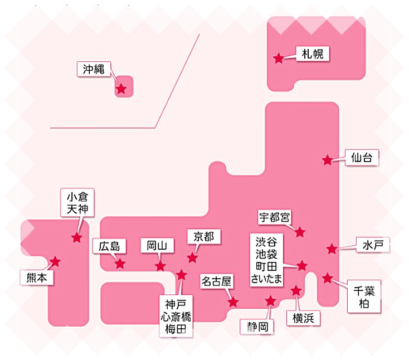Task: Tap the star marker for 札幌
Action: pyautogui.click(x=278, y=58)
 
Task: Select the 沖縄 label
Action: pyautogui.click(x=94, y=70)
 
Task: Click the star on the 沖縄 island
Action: pyautogui.click(x=121, y=89)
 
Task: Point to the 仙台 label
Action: pyautogui.click(x=362, y=158)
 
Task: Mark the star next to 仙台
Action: pyautogui.click(x=328, y=160)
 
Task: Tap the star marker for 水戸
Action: pyautogui.click(x=332, y=249)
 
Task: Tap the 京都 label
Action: pyautogui.click(x=203, y=237)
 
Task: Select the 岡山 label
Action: pyautogui.click(x=157, y=246)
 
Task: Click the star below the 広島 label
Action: pyautogui.click(x=120, y=264)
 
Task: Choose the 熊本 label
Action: pyautogui.click(x=37, y=277)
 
